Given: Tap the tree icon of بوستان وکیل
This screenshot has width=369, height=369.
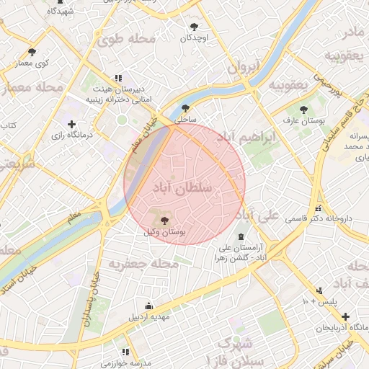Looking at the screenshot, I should [164, 220].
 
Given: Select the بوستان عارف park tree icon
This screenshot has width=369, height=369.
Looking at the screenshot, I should [303, 110].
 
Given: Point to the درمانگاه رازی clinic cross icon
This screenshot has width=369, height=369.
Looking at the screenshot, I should [71, 125].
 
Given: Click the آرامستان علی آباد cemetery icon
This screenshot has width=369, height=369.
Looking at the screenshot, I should [241, 237].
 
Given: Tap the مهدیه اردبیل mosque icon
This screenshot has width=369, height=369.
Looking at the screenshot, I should [148, 305].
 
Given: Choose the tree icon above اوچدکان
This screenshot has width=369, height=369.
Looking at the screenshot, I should [194, 25].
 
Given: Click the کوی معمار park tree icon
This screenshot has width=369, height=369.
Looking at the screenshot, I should [32, 52].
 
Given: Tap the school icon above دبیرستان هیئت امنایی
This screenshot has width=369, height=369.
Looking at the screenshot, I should [117, 79].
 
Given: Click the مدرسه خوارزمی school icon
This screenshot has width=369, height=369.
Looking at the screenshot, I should [125, 352].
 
